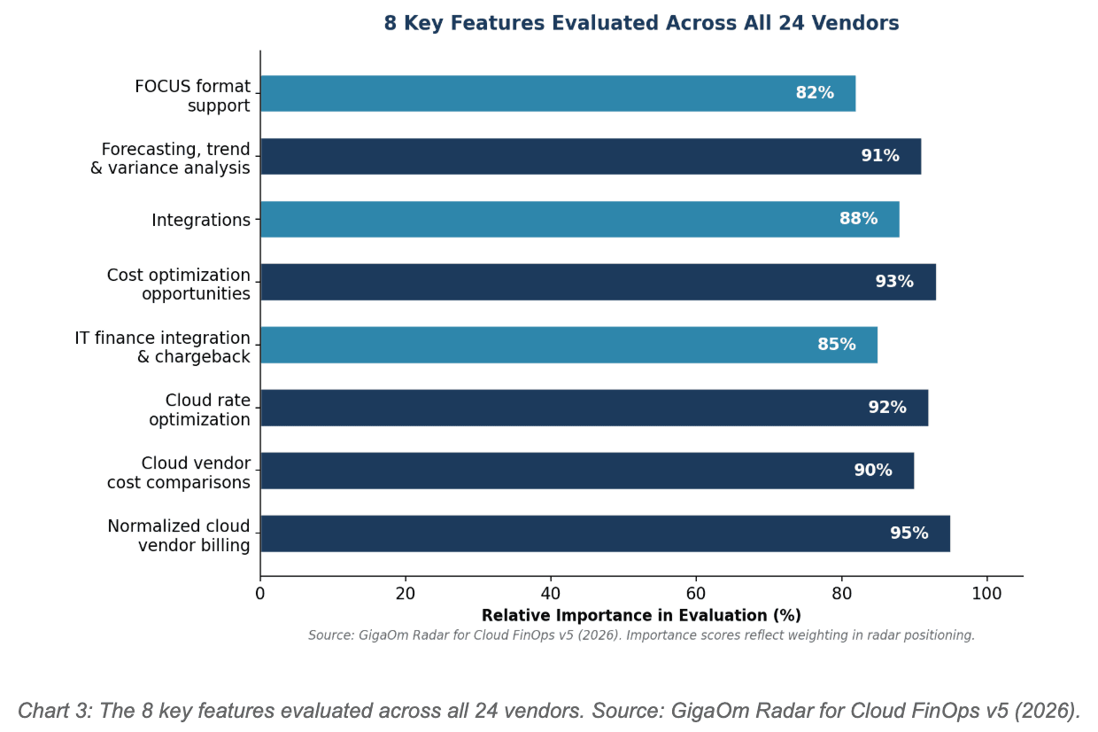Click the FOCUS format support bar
[x=531, y=93]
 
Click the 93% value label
[x=894, y=282]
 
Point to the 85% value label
[x=837, y=345]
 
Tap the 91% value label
[x=880, y=156]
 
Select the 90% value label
[x=873, y=471]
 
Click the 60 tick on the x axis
[x=696, y=594]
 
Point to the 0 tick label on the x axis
[x=260, y=594]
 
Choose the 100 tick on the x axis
[x=986, y=594]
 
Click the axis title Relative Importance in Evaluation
[x=641, y=616]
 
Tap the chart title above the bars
[x=641, y=24]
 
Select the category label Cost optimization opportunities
[x=179, y=284]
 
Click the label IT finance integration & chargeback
[x=163, y=347]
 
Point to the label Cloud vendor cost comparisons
[x=179, y=473]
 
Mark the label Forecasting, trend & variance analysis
[x=171, y=159]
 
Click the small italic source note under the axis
[x=641, y=635]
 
